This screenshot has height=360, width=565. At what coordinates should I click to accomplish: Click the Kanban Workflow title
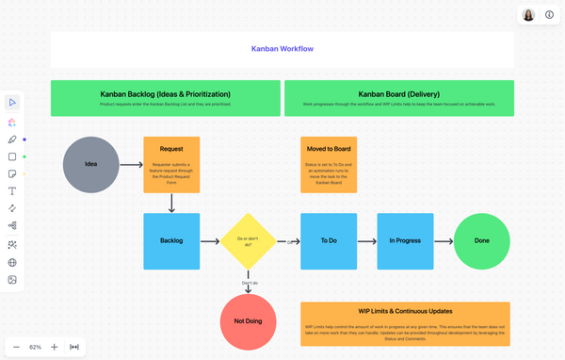point(282,48)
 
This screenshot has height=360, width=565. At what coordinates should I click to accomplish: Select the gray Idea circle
point(91,164)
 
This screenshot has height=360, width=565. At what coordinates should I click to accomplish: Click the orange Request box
point(171,165)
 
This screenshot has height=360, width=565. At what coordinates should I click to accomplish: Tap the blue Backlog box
point(171,240)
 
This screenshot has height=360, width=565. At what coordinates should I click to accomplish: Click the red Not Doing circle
point(249,321)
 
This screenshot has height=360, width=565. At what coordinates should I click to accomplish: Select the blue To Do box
point(329,240)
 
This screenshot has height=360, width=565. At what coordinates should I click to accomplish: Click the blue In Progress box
point(405,240)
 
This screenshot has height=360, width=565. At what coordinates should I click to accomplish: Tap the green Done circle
point(482,240)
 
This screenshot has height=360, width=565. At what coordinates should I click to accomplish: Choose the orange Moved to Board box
point(329,165)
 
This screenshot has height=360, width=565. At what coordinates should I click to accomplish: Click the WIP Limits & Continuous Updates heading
point(405,310)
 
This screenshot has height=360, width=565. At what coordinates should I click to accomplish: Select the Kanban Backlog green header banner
point(165,98)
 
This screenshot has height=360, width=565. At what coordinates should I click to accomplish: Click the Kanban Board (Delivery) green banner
point(399,98)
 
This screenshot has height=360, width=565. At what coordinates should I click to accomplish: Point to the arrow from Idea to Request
point(131,165)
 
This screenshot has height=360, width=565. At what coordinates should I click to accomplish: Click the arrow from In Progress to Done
point(444,240)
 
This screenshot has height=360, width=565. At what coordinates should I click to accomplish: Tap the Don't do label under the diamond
point(250,283)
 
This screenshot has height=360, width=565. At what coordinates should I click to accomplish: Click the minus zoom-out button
point(16,347)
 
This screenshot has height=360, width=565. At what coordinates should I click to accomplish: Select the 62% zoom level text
point(35,347)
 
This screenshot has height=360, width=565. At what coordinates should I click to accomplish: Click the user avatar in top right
point(528,15)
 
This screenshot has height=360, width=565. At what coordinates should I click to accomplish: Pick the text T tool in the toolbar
point(12,191)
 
